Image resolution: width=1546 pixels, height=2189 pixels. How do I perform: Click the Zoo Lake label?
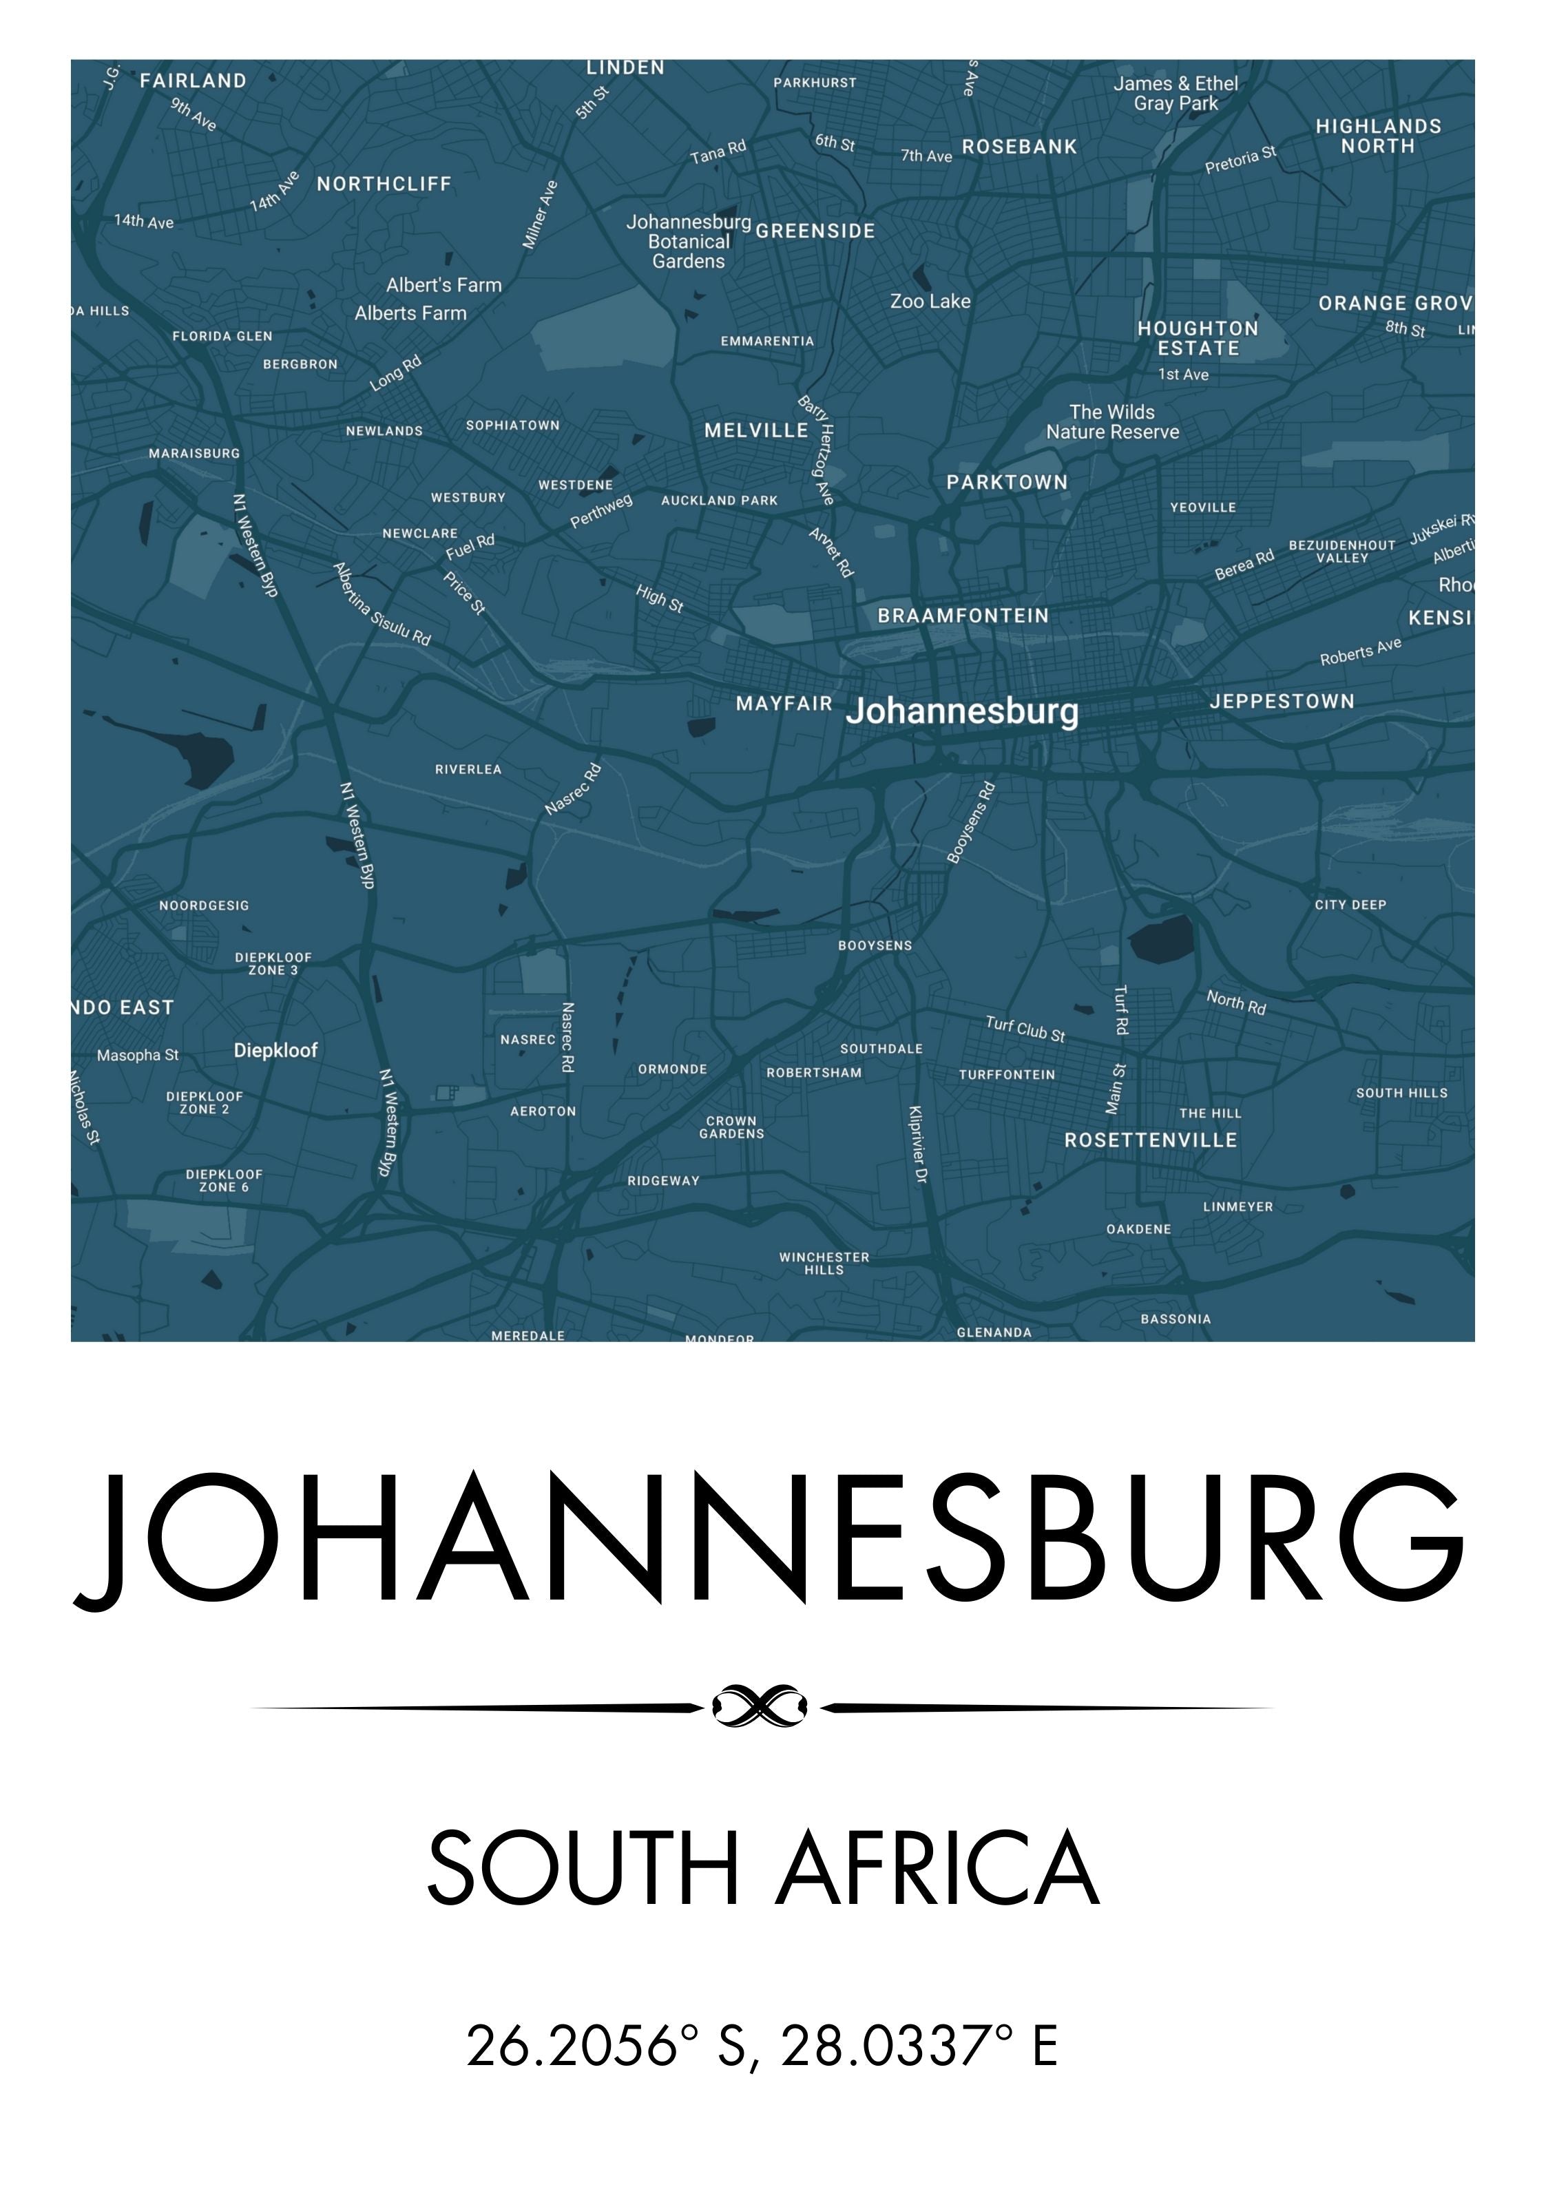[930, 302]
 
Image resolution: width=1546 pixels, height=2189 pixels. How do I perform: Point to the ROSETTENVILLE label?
[1150, 1140]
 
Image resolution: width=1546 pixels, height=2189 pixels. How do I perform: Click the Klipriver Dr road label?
[917, 1145]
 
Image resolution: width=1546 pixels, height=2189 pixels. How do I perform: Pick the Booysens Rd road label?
[972, 822]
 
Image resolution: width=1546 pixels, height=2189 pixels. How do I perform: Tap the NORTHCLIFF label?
[384, 184]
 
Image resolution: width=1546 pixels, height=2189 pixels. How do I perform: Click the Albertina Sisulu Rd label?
[382, 603]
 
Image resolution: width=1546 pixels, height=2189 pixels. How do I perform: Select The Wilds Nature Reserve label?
[1112, 421]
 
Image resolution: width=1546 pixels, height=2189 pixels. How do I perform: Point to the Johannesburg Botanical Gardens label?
[688, 242]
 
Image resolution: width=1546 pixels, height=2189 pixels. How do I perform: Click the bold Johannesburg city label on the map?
[961, 711]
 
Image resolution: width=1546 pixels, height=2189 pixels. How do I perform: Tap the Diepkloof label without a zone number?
[275, 1051]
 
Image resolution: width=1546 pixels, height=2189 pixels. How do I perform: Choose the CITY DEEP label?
[1350, 905]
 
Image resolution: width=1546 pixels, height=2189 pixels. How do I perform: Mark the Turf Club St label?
[1025, 1029]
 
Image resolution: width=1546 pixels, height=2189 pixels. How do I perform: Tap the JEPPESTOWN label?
[1282, 702]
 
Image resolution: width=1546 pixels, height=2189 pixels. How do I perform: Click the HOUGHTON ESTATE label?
[1198, 339]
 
